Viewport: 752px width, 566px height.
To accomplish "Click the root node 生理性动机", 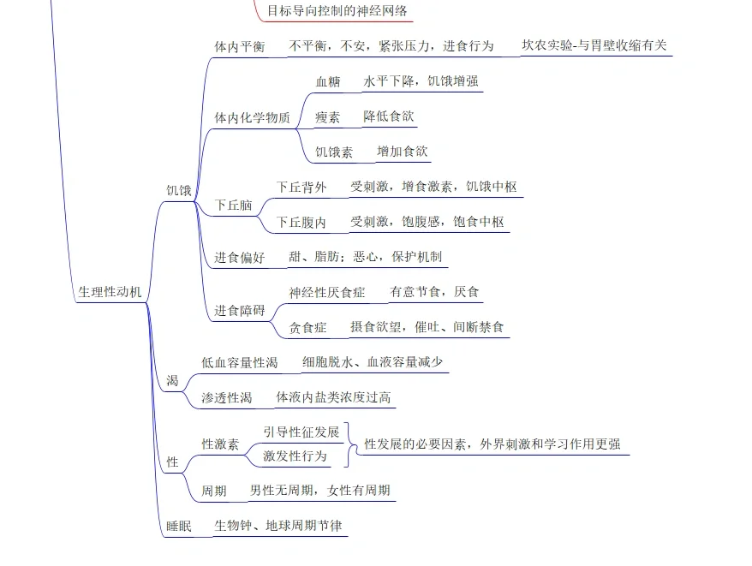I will click(110, 292).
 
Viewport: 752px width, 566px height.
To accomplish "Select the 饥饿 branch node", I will click(179, 190).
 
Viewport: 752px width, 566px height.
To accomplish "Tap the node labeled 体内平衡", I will click(239, 46).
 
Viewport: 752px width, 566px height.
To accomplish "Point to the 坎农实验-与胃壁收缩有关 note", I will click(594, 45).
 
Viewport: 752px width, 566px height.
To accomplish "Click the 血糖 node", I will click(328, 82).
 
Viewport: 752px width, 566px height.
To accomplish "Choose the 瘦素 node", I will click(328, 117).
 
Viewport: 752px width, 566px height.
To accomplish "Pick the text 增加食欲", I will click(402, 152).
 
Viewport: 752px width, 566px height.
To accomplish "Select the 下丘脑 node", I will click(233, 205).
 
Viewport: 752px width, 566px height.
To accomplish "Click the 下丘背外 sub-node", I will click(301, 187).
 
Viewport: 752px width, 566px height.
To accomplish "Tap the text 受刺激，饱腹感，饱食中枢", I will click(427, 222).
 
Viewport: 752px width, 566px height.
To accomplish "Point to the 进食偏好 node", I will click(240, 257).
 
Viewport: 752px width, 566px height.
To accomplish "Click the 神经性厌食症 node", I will click(327, 292).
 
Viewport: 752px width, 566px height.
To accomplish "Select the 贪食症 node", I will click(308, 327).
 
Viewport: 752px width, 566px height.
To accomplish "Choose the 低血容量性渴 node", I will click(240, 363).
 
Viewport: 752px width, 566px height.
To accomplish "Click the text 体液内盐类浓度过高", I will click(333, 397).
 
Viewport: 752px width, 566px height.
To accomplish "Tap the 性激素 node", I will click(220, 444).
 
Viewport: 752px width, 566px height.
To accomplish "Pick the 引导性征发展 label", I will click(301, 432).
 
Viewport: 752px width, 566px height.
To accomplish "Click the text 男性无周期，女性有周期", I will click(319, 491).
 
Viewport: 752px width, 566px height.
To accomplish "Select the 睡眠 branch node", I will click(179, 526).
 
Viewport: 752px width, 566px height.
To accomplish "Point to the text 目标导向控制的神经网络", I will click(337, 11).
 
